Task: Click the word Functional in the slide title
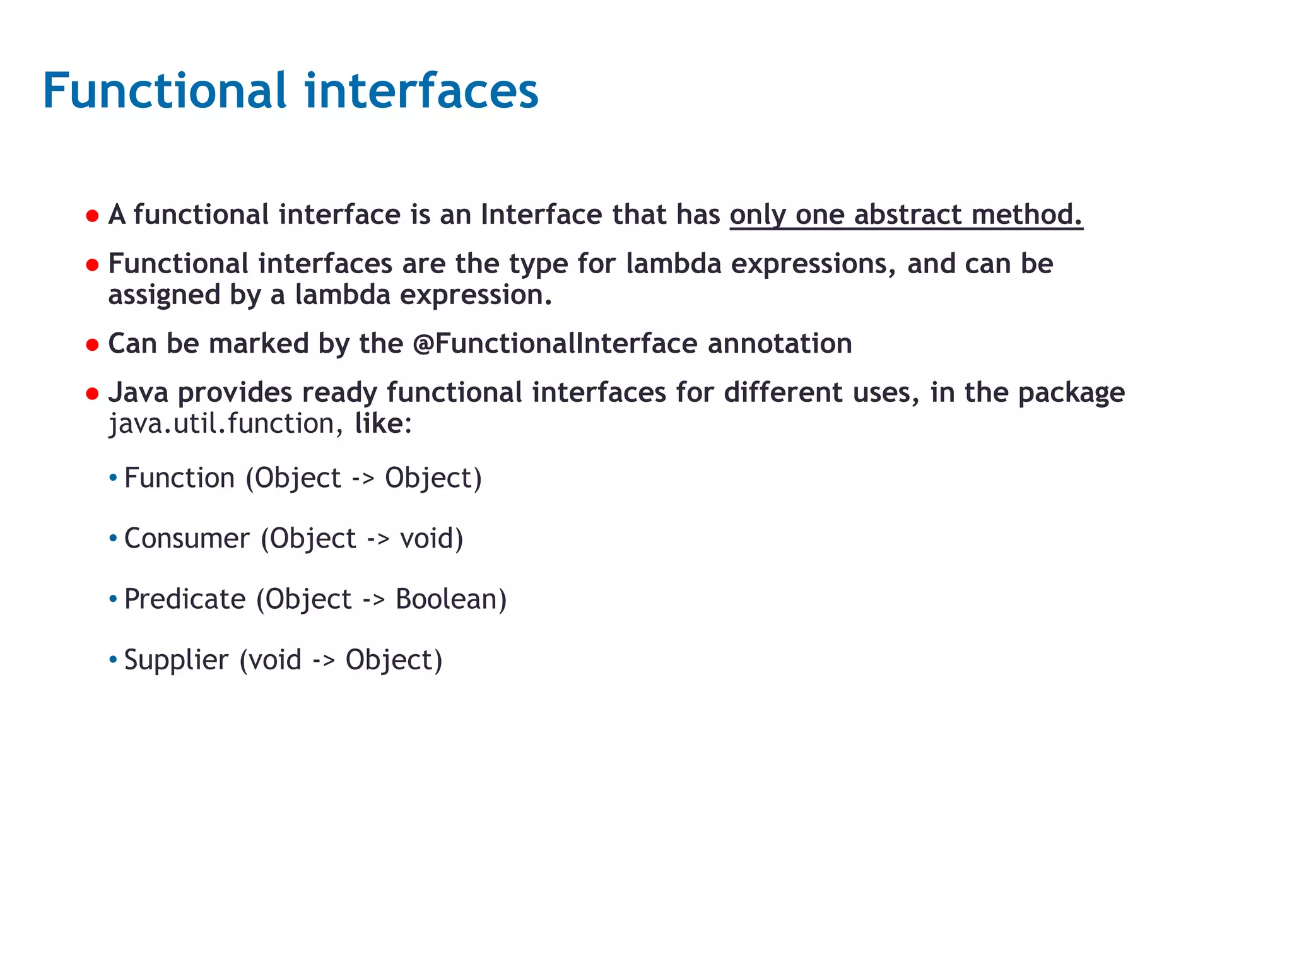tap(165, 91)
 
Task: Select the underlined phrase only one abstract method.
tap(906, 214)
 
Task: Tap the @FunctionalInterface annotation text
tap(555, 344)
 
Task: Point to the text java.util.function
tap(221, 423)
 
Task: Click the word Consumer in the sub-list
tap(187, 539)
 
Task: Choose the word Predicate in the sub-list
tap(185, 599)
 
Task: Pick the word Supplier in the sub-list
tap(176, 660)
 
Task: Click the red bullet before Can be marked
tap(93, 345)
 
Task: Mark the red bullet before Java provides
tap(93, 394)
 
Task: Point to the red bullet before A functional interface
tap(93, 216)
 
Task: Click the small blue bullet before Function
tap(113, 478)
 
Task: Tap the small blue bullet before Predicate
tap(113, 599)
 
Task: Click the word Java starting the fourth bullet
tap(138, 392)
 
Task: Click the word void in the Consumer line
tap(427, 539)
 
